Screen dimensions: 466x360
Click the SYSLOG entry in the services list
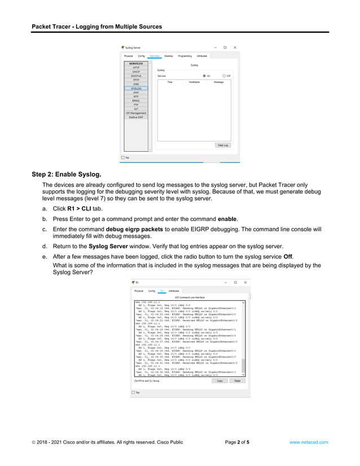click(136, 89)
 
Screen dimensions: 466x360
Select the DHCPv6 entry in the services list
click(136, 76)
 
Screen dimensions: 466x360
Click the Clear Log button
click(223, 145)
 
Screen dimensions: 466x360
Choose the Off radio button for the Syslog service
click(224, 76)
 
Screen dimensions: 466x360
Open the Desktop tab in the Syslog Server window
click(169, 56)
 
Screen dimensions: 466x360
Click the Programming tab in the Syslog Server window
click(185, 56)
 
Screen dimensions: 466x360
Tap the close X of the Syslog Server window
click(235, 47)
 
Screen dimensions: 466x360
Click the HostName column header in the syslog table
click(195, 82)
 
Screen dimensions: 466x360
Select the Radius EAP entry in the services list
click(136, 117)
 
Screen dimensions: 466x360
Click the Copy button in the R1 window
click(219, 381)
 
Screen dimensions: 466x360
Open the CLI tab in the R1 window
click(161, 291)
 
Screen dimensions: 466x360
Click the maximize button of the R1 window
click(235, 282)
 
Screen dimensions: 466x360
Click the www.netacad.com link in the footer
click(308, 442)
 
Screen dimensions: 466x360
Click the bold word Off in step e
click(288, 256)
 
